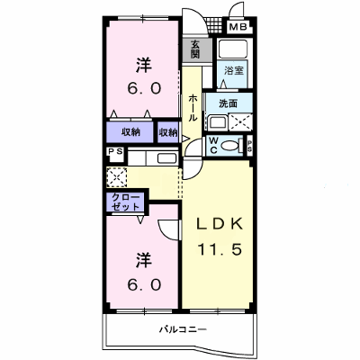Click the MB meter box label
(x=238, y=27)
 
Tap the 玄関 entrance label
(x=195, y=49)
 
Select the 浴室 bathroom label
(x=234, y=71)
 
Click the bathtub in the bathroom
(x=233, y=49)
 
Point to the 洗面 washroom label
(x=228, y=103)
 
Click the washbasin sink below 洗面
(x=218, y=122)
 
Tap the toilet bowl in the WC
(x=230, y=146)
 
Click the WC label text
(x=213, y=146)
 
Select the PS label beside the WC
(x=249, y=146)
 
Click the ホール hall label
(x=193, y=107)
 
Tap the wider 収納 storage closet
(x=130, y=132)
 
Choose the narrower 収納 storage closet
(x=168, y=132)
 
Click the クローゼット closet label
(x=126, y=202)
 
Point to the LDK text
(x=220, y=224)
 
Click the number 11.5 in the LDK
(x=220, y=248)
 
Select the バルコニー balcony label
(x=183, y=330)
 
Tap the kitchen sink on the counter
(x=166, y=158)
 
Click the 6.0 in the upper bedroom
(x=144, y=88)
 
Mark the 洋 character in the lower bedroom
(x=144, y=260)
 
